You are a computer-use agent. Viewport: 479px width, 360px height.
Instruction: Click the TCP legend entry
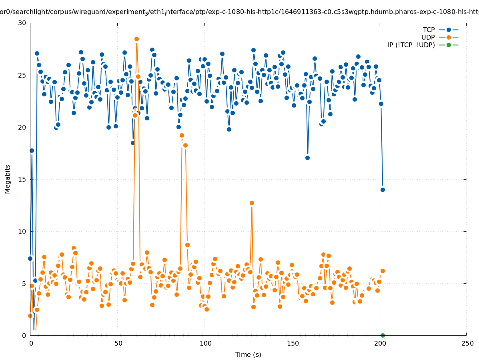click(429, 30)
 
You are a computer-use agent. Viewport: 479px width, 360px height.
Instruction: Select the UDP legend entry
click(428, 37)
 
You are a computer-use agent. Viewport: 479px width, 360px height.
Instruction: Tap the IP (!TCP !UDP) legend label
click(411, 45)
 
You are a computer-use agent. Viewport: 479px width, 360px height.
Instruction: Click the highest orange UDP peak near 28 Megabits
click(136, 39)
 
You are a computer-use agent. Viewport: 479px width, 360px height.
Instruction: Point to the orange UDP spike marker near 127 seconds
click(252, 203)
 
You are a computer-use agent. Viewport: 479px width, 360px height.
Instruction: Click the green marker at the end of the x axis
click(383, 335)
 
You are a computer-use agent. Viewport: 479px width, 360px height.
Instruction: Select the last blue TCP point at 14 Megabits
click(383, 190)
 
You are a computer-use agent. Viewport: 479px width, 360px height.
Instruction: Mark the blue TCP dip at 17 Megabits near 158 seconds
click(307, 158)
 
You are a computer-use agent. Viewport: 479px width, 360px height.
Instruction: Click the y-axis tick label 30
click(22, 23)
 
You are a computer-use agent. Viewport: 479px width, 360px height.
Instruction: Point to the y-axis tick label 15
click(22, 179)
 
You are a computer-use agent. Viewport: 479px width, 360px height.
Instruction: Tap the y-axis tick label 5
click(24, 283)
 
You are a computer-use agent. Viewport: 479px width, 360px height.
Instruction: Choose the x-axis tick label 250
click(467, 344)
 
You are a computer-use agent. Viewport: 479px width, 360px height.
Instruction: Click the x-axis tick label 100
click(205, 344)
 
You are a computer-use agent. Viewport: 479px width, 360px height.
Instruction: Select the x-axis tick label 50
click(118, 344)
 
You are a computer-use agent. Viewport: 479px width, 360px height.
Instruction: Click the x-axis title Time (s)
click(248, 354)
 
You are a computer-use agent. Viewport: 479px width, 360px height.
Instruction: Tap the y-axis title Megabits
click(8, 179)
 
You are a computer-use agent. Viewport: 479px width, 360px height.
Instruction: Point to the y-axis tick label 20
click(22, 127)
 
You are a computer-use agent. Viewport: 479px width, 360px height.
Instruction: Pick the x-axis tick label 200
click(379, 344)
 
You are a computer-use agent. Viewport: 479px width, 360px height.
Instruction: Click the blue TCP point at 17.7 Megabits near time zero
click(32, 150)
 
